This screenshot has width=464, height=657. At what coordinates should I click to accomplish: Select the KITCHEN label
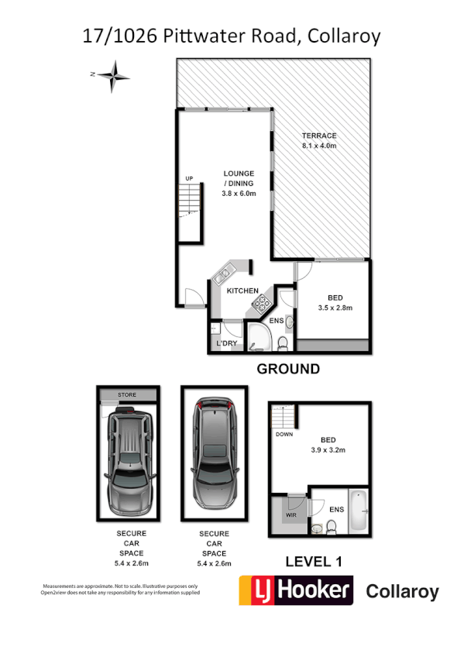242,291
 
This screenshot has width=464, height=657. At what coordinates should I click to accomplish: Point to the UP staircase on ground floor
190,201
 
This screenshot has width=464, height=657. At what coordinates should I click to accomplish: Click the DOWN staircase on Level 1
282,421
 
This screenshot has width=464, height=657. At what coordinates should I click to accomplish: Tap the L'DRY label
226,342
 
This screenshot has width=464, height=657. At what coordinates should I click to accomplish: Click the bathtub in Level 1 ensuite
359,511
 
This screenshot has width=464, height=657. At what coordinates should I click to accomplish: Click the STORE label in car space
126,395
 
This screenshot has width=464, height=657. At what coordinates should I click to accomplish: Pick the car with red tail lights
214,452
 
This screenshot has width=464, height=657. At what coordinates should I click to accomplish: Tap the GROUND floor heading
288,369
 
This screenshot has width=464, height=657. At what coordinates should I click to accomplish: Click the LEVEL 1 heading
314,560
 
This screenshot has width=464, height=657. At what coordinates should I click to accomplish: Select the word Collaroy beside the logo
401,593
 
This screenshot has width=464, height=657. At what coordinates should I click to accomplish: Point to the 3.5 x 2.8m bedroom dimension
335,308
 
